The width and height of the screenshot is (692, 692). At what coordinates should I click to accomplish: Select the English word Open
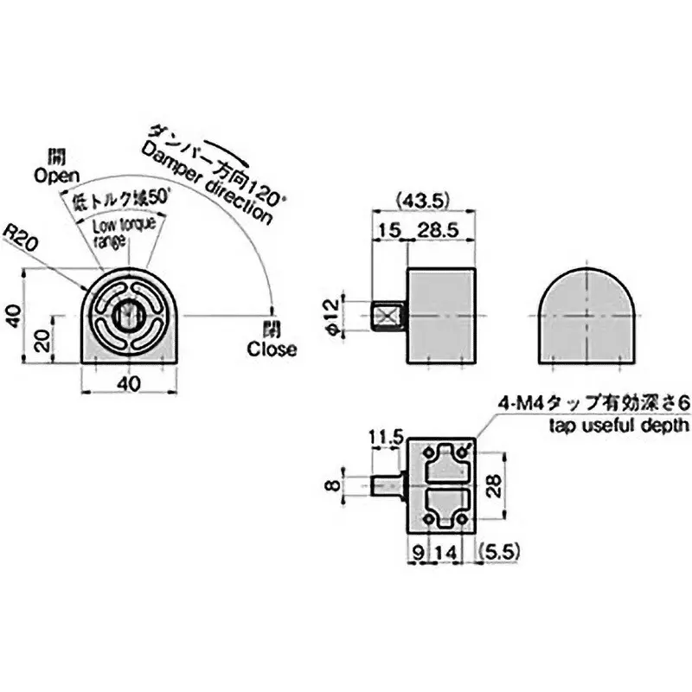click(57, 176)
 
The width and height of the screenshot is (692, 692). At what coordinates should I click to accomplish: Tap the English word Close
click(272, 350)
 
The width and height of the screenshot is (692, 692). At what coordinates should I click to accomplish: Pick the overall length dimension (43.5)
click(423, 200)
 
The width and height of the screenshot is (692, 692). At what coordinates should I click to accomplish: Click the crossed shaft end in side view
click(387, 316)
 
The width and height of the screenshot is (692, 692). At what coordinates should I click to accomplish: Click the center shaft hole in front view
click(126, 316)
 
